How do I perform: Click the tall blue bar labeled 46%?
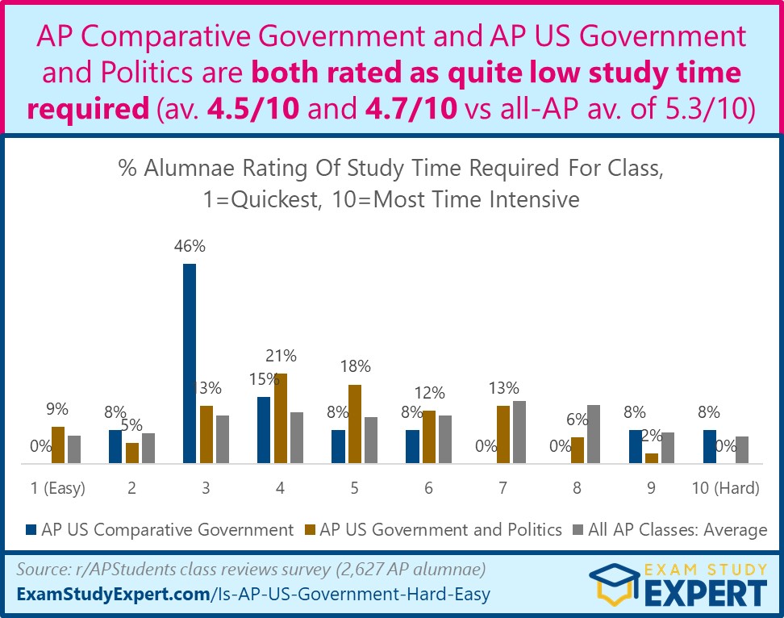(x=190, y=363)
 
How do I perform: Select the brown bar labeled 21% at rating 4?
(x=280, y=418)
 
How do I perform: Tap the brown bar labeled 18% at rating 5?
(x=354, y=424)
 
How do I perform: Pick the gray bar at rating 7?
(x=519, y=432)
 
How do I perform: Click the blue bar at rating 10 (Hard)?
(x=709, y=446)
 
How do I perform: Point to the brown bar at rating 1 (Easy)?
(x=57, y=445)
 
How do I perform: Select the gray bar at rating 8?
(x=593, y=434)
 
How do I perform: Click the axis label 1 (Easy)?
(x=57, y=488)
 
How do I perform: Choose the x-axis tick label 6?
(x=428, y=488)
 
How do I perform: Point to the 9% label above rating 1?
(x=57, y=410)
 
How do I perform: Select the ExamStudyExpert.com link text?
(x=112, y=596)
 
